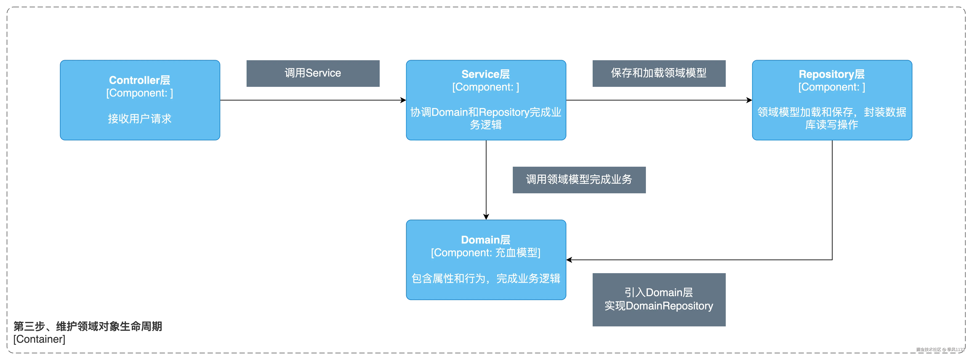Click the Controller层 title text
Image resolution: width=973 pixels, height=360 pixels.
pos(139,80)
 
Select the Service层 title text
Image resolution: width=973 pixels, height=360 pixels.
pos(485,74)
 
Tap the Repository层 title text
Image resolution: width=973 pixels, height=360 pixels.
pos(831,74)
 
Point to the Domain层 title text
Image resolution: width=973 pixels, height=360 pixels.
pos(485,240)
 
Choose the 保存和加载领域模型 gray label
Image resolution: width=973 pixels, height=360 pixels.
pos(659,73)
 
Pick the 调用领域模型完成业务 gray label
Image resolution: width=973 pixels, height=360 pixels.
pos(579,180)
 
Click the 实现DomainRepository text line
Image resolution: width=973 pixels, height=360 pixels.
pos(659,306)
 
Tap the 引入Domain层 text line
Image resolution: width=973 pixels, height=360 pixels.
pos(659,292)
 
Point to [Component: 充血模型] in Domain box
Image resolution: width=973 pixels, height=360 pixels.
pos(485,253)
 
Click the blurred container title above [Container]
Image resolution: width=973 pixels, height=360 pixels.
pos(88,326)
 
